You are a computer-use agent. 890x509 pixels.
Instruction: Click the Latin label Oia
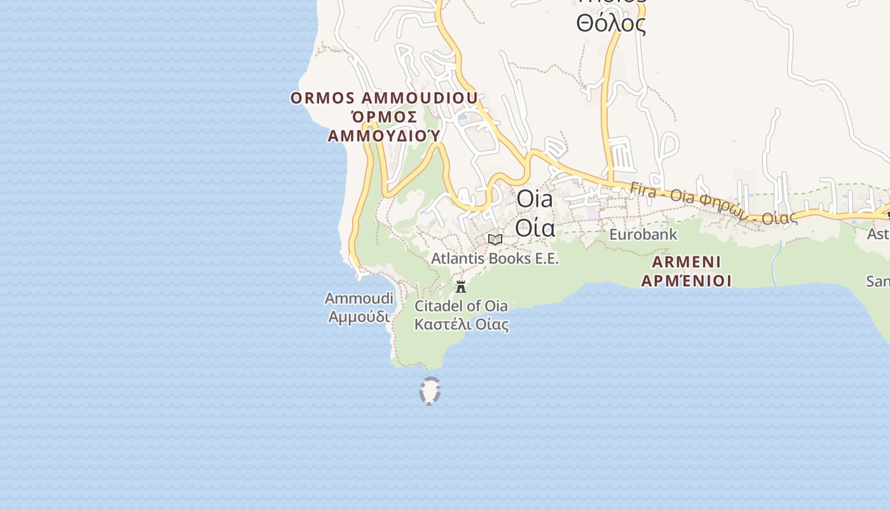(535, 199)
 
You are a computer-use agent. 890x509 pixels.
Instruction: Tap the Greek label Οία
(535, 227)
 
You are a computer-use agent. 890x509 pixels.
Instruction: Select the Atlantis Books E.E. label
(495, 258)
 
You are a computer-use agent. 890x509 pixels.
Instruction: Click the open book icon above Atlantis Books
(495, 239)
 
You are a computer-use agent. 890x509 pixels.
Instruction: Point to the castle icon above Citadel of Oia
(461, 286)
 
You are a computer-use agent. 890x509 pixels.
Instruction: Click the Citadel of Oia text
(461, 306)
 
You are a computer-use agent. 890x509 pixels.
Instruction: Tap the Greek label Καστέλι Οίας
(461, 324)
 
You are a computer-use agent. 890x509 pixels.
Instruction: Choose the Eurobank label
(643, 235)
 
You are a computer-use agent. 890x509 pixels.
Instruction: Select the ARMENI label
(687, 262)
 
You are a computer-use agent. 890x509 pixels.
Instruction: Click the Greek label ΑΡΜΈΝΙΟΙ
(687, 281)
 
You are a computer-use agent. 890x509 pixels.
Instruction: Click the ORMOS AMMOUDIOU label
(384, 99)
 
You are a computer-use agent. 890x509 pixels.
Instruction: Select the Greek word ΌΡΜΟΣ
(384, 117)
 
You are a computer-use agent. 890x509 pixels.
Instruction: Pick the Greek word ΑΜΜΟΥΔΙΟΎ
(384, 136)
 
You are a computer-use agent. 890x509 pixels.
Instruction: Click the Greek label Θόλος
(611, 24)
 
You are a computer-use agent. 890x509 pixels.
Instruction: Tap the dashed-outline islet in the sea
(430, 391)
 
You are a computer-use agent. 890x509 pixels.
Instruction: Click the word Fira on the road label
(643, 190)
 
